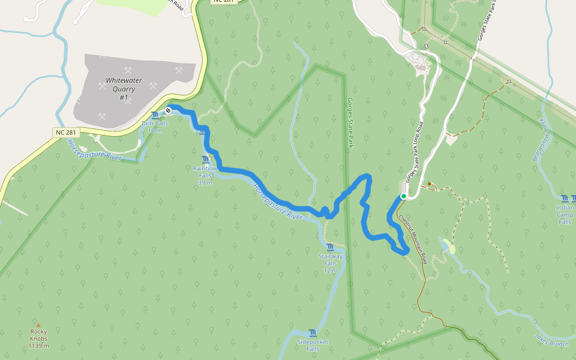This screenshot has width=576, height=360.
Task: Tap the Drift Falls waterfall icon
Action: [156, 115]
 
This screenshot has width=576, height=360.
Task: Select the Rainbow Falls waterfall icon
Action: [206, 160]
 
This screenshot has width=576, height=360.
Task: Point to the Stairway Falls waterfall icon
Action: [331, 247]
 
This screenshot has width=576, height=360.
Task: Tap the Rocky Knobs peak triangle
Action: [38, 325]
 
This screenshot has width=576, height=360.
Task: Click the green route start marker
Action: [404, 196]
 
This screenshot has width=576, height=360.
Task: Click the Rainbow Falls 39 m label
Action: [205, 175]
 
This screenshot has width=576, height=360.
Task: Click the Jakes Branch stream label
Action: [551, 340]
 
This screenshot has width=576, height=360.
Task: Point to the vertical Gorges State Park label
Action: [350, 123]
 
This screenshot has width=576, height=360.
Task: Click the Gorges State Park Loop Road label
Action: [415, 153]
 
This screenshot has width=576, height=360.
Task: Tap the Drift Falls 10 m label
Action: [155, 127]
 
